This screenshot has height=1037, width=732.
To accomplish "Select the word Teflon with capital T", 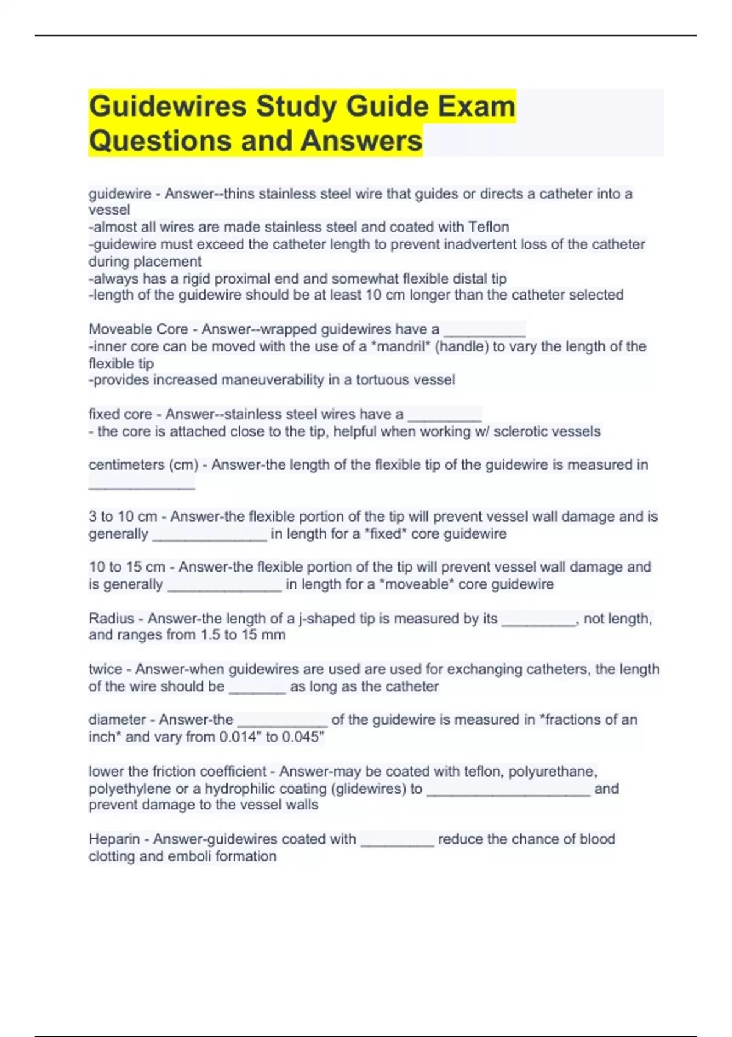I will (x=489, y=227).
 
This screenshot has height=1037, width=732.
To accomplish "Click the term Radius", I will (x=111, y=619).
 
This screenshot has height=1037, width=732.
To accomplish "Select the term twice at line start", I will (x=105, y=669).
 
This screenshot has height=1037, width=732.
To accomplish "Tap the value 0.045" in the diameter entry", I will (x=303, y=737).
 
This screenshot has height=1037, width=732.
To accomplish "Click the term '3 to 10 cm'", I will (x=123, y=517).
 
